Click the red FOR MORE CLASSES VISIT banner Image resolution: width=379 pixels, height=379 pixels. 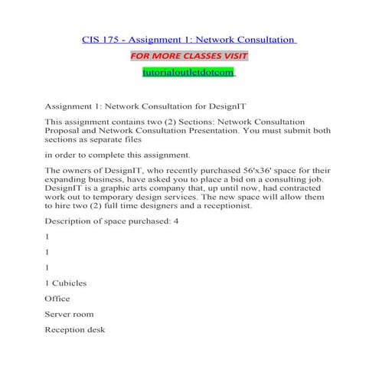(x=189, y=56)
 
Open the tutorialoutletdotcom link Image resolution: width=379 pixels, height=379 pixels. (x=189, y=73)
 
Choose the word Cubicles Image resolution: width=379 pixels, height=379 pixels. (x=70, y=283)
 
